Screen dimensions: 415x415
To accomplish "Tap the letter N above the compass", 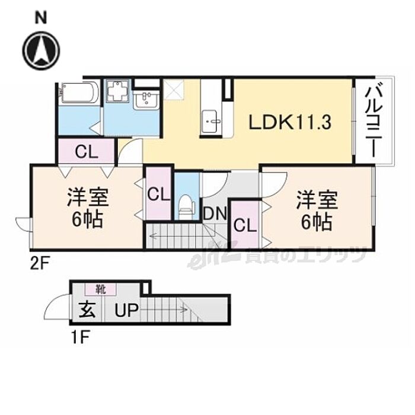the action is [40, 17].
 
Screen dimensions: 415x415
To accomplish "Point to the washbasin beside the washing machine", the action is [145, 101].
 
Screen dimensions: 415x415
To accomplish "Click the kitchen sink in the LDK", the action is [210, 123].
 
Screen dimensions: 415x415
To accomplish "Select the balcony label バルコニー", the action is [373, 121].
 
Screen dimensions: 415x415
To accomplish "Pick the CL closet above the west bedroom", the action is [86, 152].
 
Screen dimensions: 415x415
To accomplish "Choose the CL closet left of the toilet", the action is [158, 194].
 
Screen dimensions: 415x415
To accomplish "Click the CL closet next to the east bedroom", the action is [244, 225].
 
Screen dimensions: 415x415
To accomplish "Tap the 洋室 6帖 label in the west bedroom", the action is [86, 209].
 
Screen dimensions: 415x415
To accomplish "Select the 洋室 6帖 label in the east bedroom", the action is [317, 210].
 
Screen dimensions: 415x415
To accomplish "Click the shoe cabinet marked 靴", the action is [100, 290].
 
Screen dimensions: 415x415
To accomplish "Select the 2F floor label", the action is [39, 261].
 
